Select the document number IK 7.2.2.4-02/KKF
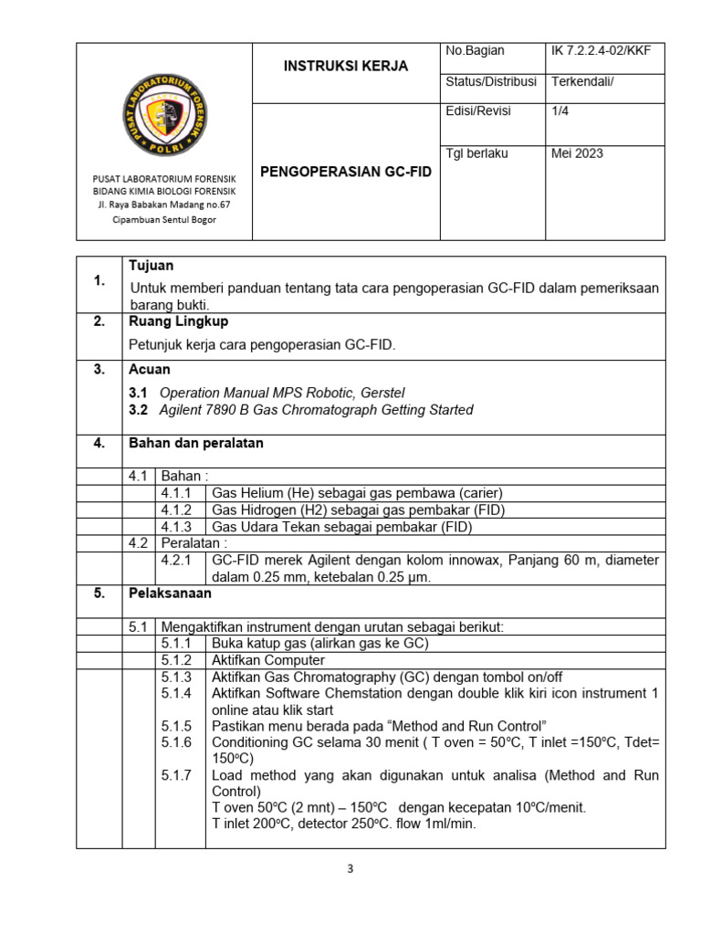click(x=601, y=51)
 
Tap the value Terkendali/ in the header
click(x=582, y=81)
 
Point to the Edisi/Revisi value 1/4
click(x=560, y=111)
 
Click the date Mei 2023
click(x=577, y=153)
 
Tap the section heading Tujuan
click(x=152, y=266)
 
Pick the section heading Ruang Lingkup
click(x=179, y=321)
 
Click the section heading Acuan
click(x=150, y=370)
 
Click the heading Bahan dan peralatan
click(x=196, y=443)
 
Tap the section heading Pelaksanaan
click(x=171, y=593)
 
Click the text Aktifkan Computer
click(x=268, y=659)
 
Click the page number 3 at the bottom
click(x=350, y=868)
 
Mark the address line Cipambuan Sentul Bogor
click(x=164, y=219)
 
